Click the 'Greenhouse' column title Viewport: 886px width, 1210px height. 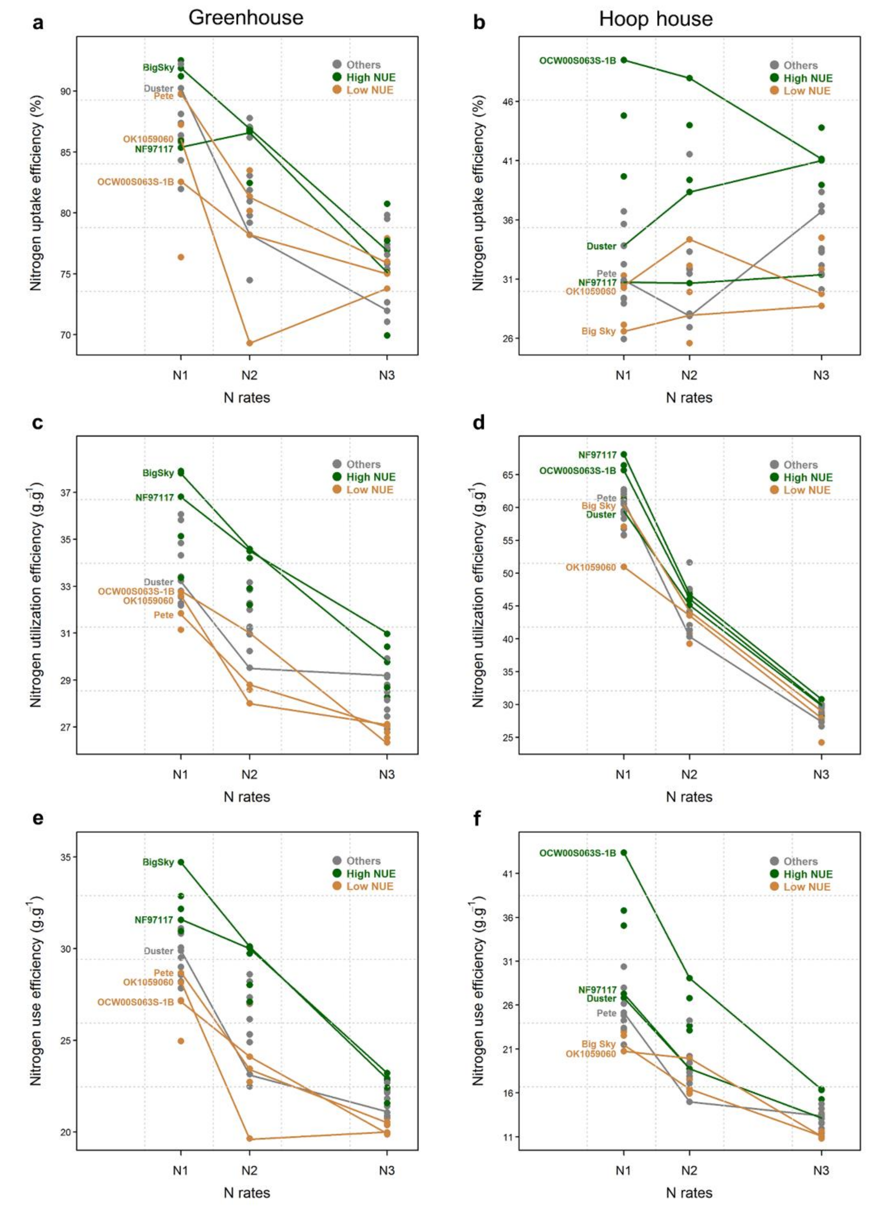point(246,18)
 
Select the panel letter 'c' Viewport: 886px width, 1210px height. point(38,423)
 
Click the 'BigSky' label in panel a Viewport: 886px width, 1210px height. point(158,67)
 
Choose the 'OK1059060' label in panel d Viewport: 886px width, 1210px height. point(590,567)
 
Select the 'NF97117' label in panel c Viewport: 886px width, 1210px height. point(155,498)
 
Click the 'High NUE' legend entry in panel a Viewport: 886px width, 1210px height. point(370,77)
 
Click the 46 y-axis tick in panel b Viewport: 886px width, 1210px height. point(508,101)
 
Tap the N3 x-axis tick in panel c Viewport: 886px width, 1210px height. point(387,774)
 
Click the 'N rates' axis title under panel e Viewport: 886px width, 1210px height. point(247,1192)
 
